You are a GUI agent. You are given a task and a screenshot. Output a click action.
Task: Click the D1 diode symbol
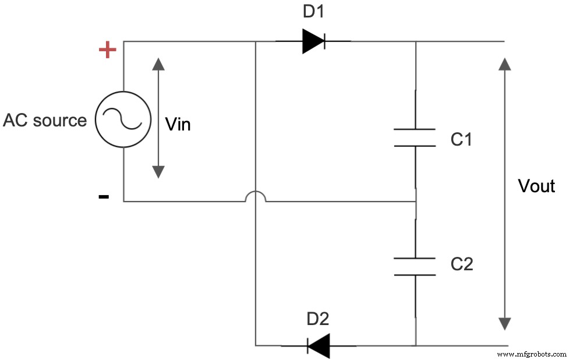point(313,41)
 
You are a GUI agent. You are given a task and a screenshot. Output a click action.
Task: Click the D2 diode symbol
point(319,345)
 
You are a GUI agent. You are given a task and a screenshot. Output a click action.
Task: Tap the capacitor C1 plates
point(415,137)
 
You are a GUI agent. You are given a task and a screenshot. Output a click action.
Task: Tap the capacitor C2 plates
point(415,266)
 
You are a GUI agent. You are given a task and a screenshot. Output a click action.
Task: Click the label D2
point(318,319)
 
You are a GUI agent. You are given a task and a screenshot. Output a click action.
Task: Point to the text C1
point(461,139)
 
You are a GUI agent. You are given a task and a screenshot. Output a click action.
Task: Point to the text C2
point(461,264)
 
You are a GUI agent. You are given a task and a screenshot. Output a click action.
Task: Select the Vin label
point(178,124)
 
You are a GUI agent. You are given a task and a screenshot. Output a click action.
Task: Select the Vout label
point(536,186)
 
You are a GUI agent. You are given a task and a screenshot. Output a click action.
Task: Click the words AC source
point(45,121)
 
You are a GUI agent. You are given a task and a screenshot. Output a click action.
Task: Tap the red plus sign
point(107,50)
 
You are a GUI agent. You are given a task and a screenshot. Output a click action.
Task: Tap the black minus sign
point(104,196)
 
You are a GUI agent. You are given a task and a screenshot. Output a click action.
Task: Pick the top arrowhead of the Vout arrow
point(505,64)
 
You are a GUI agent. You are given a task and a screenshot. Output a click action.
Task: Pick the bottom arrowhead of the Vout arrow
point(505,323)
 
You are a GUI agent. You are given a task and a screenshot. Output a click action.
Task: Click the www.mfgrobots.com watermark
point(532,354)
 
